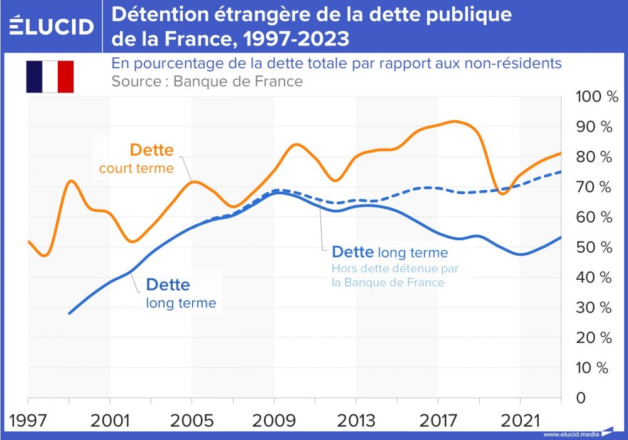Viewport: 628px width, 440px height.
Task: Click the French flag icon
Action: (50, 77)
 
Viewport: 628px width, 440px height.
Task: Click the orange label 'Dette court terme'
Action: (137, 158)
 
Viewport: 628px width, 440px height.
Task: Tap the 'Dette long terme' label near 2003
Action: (180, 294)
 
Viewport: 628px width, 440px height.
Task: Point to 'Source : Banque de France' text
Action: (207, 82)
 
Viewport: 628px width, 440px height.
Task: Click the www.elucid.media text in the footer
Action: (571, 434)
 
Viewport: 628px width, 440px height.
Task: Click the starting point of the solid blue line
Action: (69, 313)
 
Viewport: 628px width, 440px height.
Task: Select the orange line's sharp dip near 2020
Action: (502, 194)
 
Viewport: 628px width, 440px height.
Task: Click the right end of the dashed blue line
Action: (560, 171)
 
